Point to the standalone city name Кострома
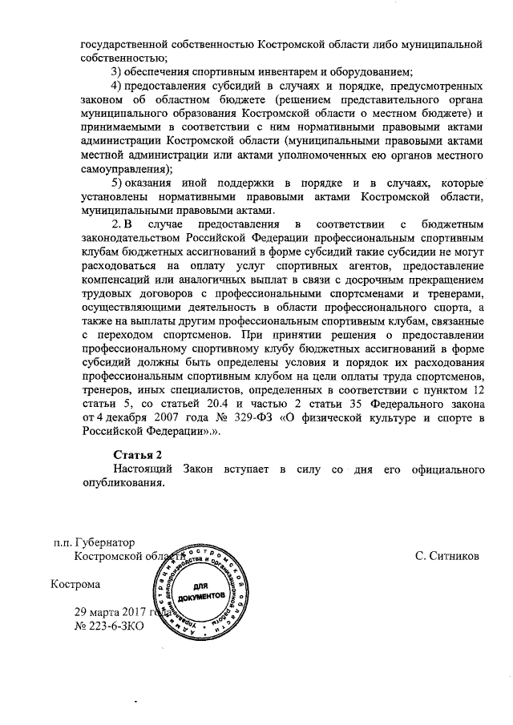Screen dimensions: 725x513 (76, 585)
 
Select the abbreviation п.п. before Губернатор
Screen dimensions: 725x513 (63, 542)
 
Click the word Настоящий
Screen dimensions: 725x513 (144, 469)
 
